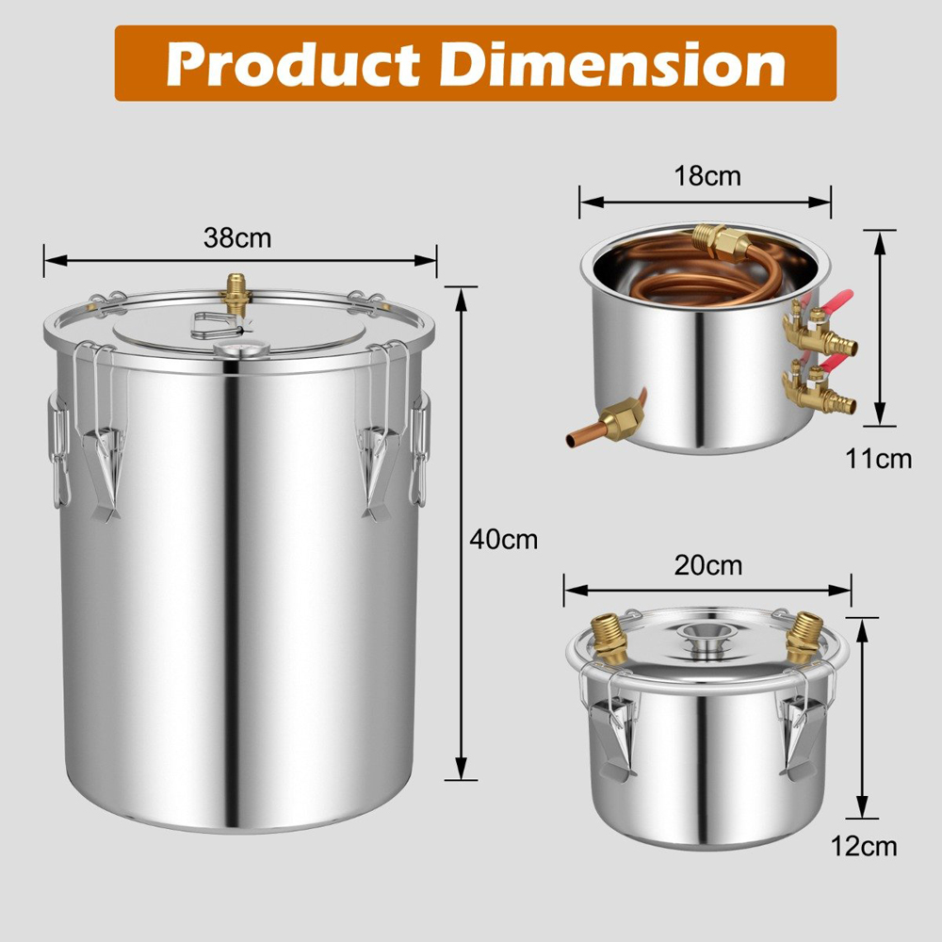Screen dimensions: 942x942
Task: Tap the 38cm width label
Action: click(237, 237)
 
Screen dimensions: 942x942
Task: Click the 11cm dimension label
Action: click(878, 459)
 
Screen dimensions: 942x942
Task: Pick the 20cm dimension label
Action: click(708, 565)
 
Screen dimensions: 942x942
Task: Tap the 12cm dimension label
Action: click(865, 846)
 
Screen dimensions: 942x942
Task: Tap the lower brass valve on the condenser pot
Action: click(814, 388)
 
